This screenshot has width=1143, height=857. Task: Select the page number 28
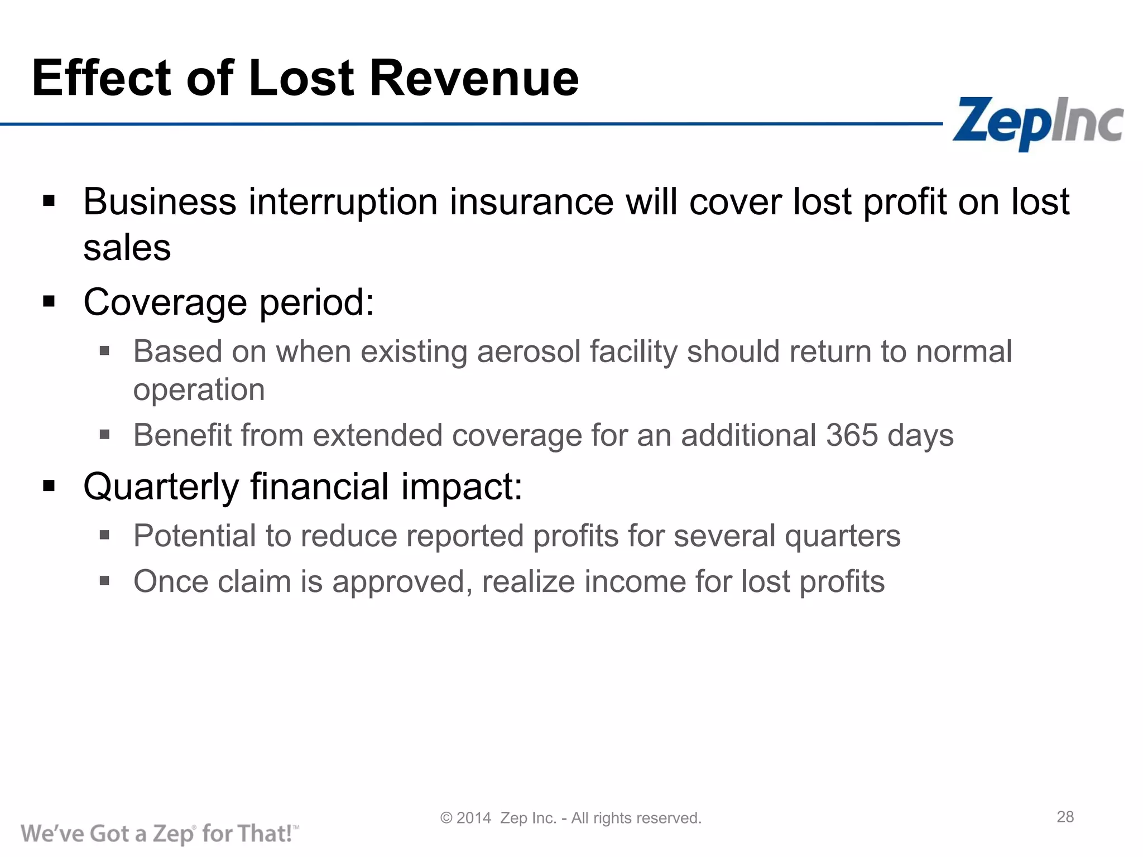point(1065,817)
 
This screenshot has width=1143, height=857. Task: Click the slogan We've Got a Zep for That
point(160,834)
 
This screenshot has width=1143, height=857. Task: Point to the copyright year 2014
point(473,818)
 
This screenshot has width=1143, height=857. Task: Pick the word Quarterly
point(161,487)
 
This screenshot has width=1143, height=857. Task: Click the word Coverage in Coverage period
point(165,302)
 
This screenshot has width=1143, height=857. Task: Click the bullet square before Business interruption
point(49,201)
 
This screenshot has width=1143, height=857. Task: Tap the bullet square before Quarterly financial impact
point(49,486)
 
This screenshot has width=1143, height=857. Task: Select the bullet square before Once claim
point(104,581)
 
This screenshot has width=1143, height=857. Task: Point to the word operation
point(199,389)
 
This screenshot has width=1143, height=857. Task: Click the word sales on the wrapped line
point(127,248)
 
